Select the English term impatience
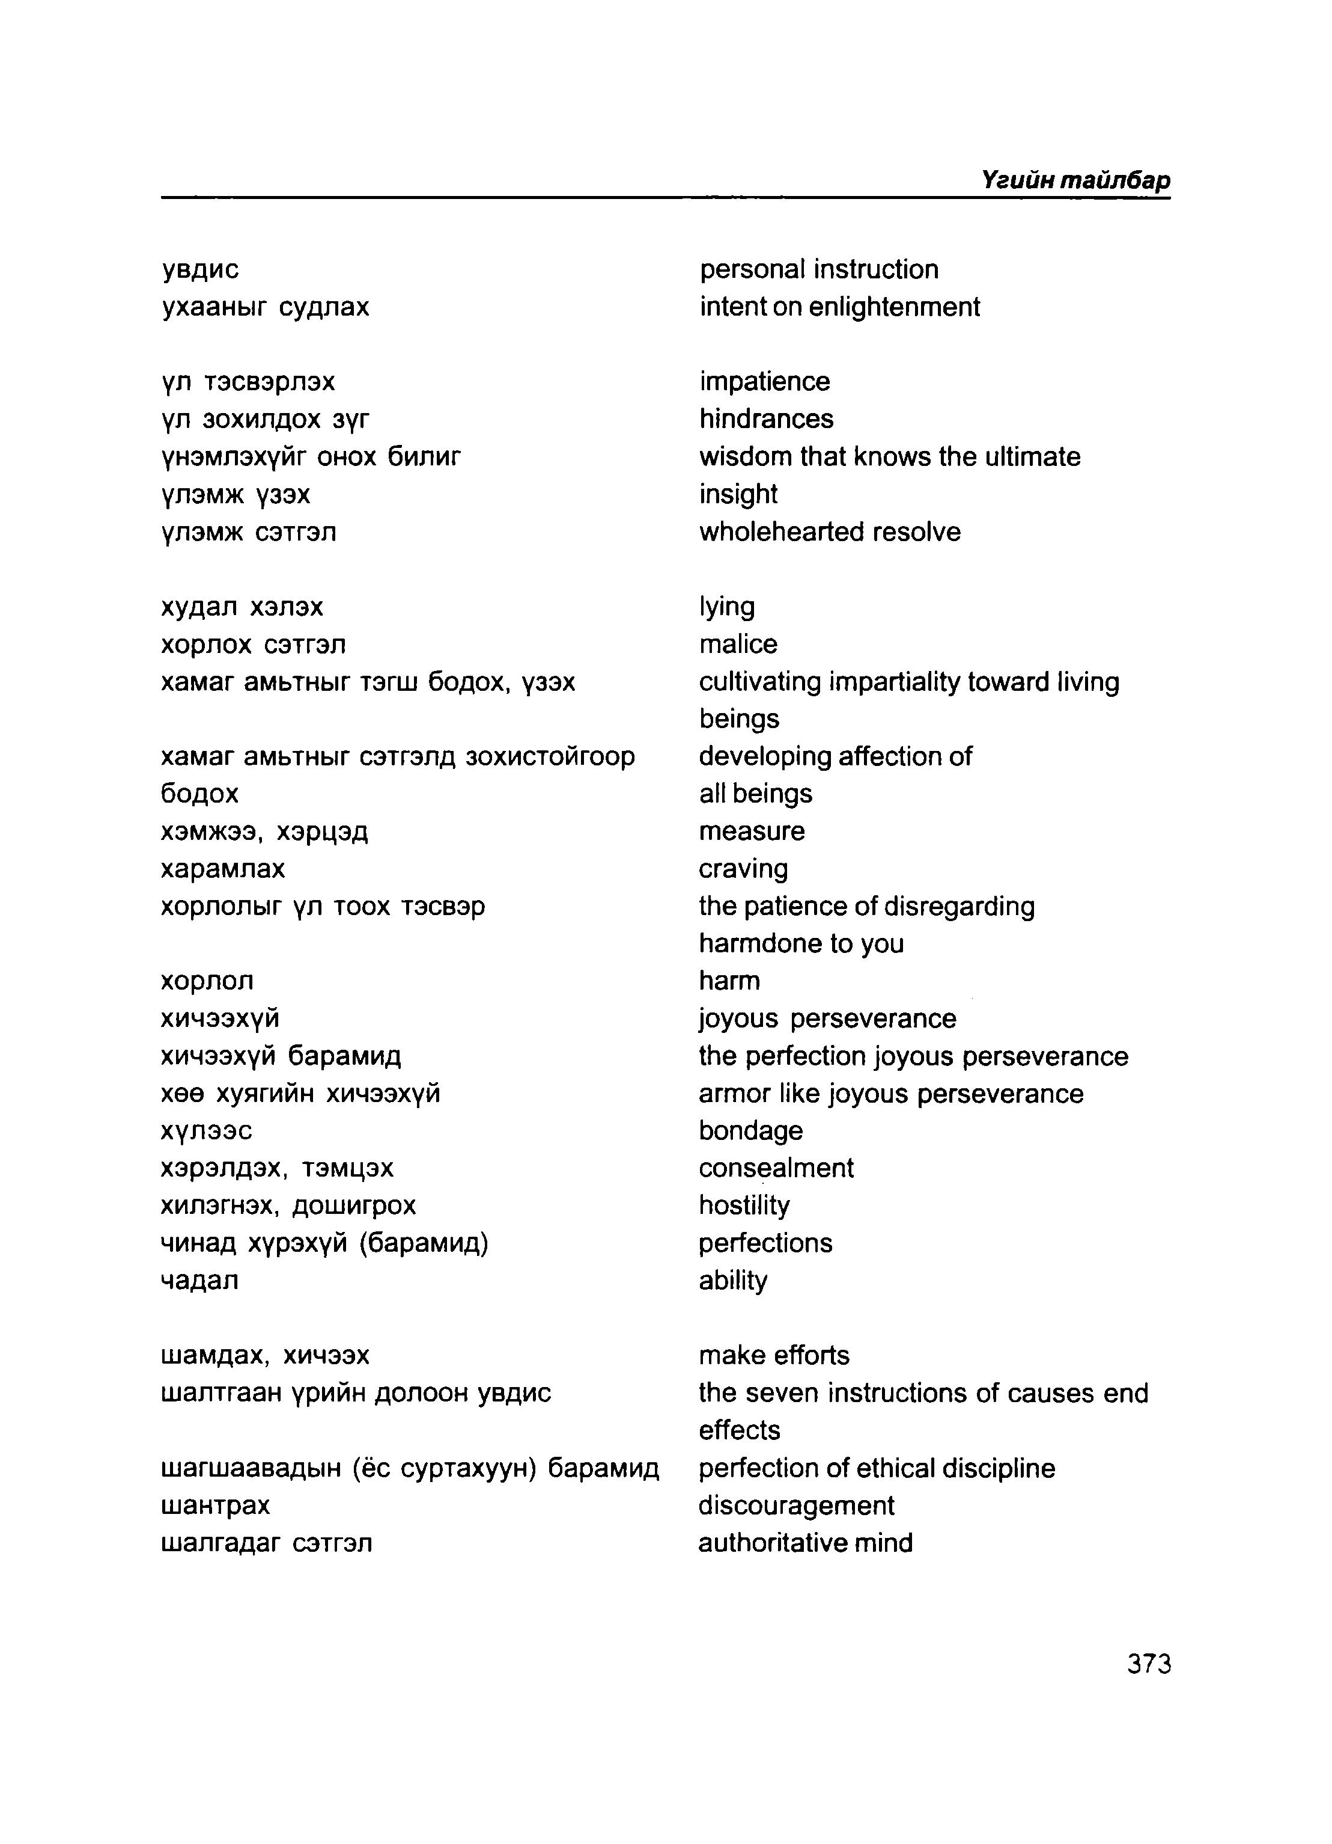[x=764, y=381]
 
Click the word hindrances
[x=765, y=418]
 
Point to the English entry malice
[x=737, y=644]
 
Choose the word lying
[x=726, y=607]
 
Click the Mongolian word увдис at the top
[x=200, y=269]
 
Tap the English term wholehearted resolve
[x=829, y=531]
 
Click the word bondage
[x=750, y=1131]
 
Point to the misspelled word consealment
[x=775, y=1168]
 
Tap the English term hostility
[x=744, y=1205]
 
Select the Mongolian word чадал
[x=200, y=1281]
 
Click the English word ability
[x=732, y=1281]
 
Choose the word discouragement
[x=795, y=1506]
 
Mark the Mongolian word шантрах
[x=215, y=1506]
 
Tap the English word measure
[x=751, y=831]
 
